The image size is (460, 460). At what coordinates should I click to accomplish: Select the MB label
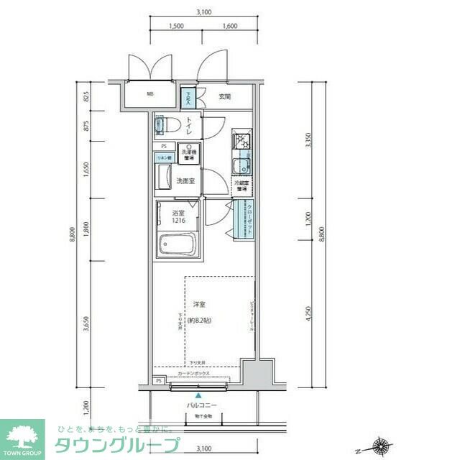pos(151,94)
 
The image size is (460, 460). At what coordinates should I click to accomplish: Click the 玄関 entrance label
pos(224,96)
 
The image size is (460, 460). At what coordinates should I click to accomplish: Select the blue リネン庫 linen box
pos(164,157)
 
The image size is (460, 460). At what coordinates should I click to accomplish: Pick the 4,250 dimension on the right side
pos(309,314)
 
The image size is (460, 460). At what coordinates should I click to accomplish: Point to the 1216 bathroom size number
pos(178,222)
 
